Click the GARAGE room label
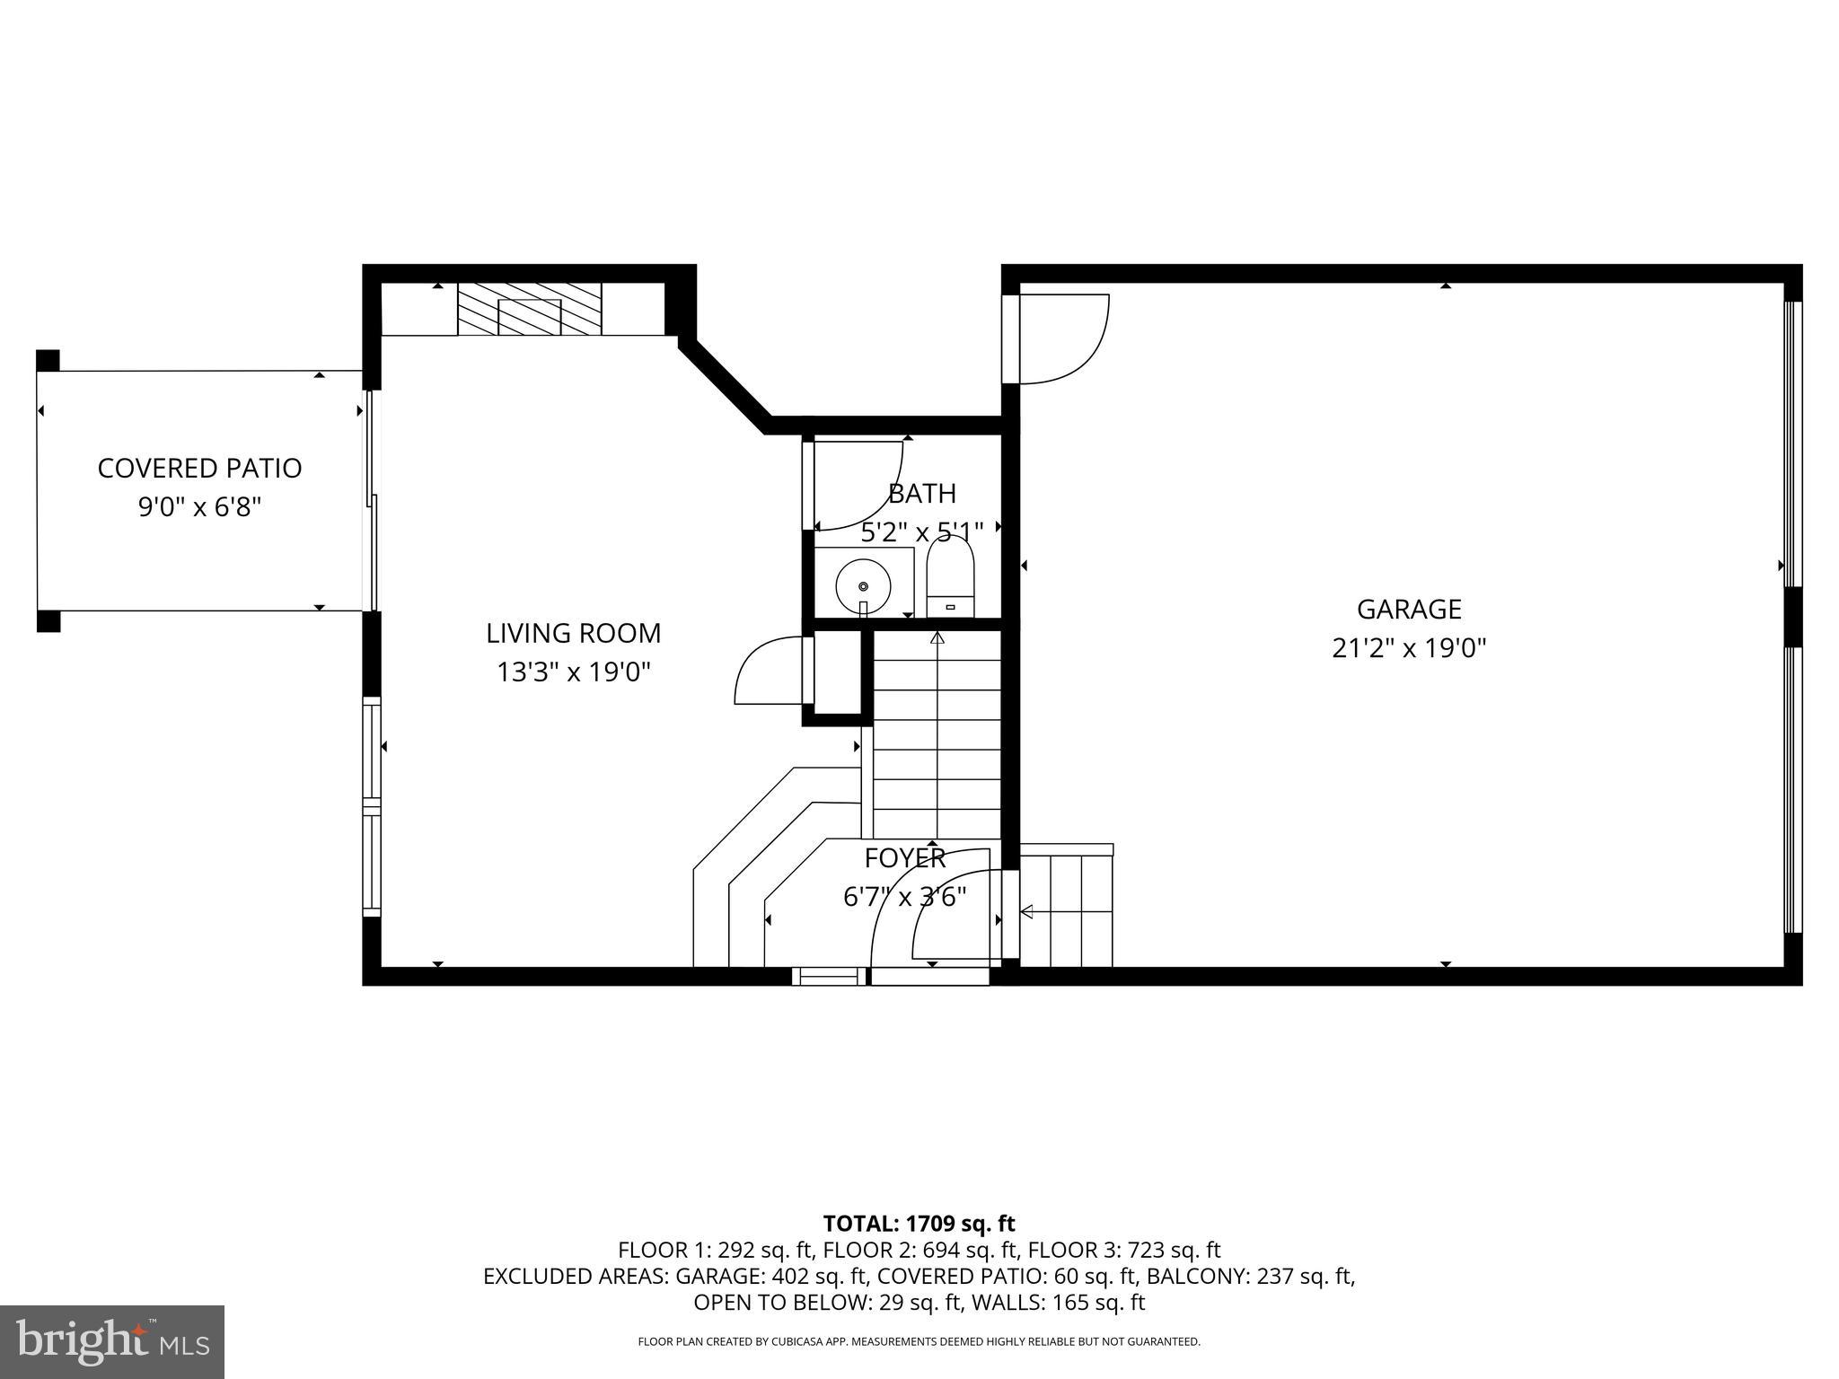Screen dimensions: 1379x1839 pyautogui.click(x=1408, y=610)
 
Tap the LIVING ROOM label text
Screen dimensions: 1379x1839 pyautogui.click(x=573, y=634)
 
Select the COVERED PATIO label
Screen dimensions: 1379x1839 pyautogui.click(x=199, y=469)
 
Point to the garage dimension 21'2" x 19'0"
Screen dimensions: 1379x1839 pyautogui.click(x=1408, y=648)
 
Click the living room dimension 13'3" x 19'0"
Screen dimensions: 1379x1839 pyautogui.click(x=573, y=672)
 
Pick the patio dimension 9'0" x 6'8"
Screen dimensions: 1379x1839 pyautogui.click(x=199, y=508)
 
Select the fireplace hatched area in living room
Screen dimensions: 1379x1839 pyautogui.click(x=529, y=310)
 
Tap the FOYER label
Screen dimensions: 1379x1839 pyautogui.click(x=905, y=859)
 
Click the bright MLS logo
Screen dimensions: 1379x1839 pyautogui.click(x=112, y=1341)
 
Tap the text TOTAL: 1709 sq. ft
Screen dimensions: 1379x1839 pyautogui.click(x=919, y=1224)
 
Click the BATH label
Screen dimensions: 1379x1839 pyautogui.click(x=922, y=494)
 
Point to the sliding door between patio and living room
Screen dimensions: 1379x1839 pyautogui.click(x=370, y=499)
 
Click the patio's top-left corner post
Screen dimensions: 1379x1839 pyautogui.click(x=48, y=360)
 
